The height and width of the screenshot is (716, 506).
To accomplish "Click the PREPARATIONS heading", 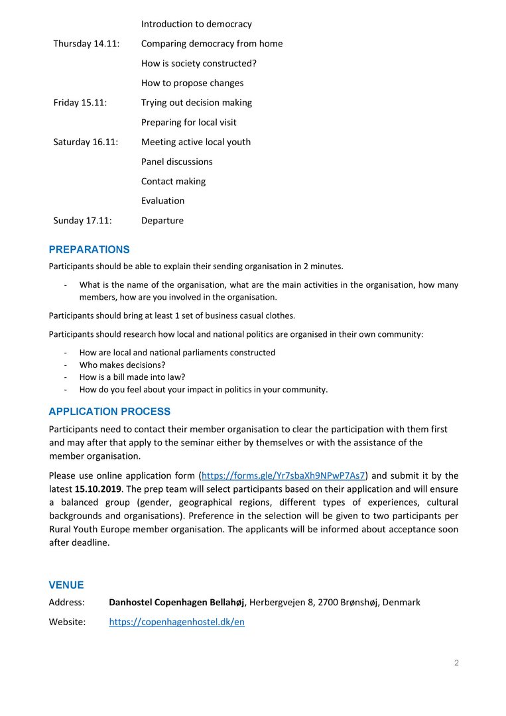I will [89, 250].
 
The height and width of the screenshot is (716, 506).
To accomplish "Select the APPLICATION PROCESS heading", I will [109, 412].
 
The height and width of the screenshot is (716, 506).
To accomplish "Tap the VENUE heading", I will [66, 585].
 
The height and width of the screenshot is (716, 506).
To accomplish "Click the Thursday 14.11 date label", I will [86, 44].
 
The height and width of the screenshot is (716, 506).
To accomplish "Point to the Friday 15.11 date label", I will [80, 103].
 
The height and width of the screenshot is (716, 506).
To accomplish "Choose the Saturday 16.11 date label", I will [86, 142].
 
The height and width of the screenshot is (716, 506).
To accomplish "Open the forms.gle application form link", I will [283, 475].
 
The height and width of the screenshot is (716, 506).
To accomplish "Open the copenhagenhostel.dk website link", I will [176, 623].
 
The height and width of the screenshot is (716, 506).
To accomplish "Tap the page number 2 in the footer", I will [456, 663].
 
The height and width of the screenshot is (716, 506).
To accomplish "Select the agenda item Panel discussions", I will [176, 162].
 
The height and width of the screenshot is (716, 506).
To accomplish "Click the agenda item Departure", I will [162, 221].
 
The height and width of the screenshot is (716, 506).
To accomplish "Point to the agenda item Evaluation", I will [162, 201].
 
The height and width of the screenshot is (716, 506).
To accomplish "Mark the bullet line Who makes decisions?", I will [122, 365].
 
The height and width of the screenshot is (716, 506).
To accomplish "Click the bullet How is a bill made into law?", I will [132, 377].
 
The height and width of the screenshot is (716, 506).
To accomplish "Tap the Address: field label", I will [66, 603].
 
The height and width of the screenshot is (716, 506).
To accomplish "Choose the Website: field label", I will [67, 623].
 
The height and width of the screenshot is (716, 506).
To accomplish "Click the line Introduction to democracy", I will [196, 24].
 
